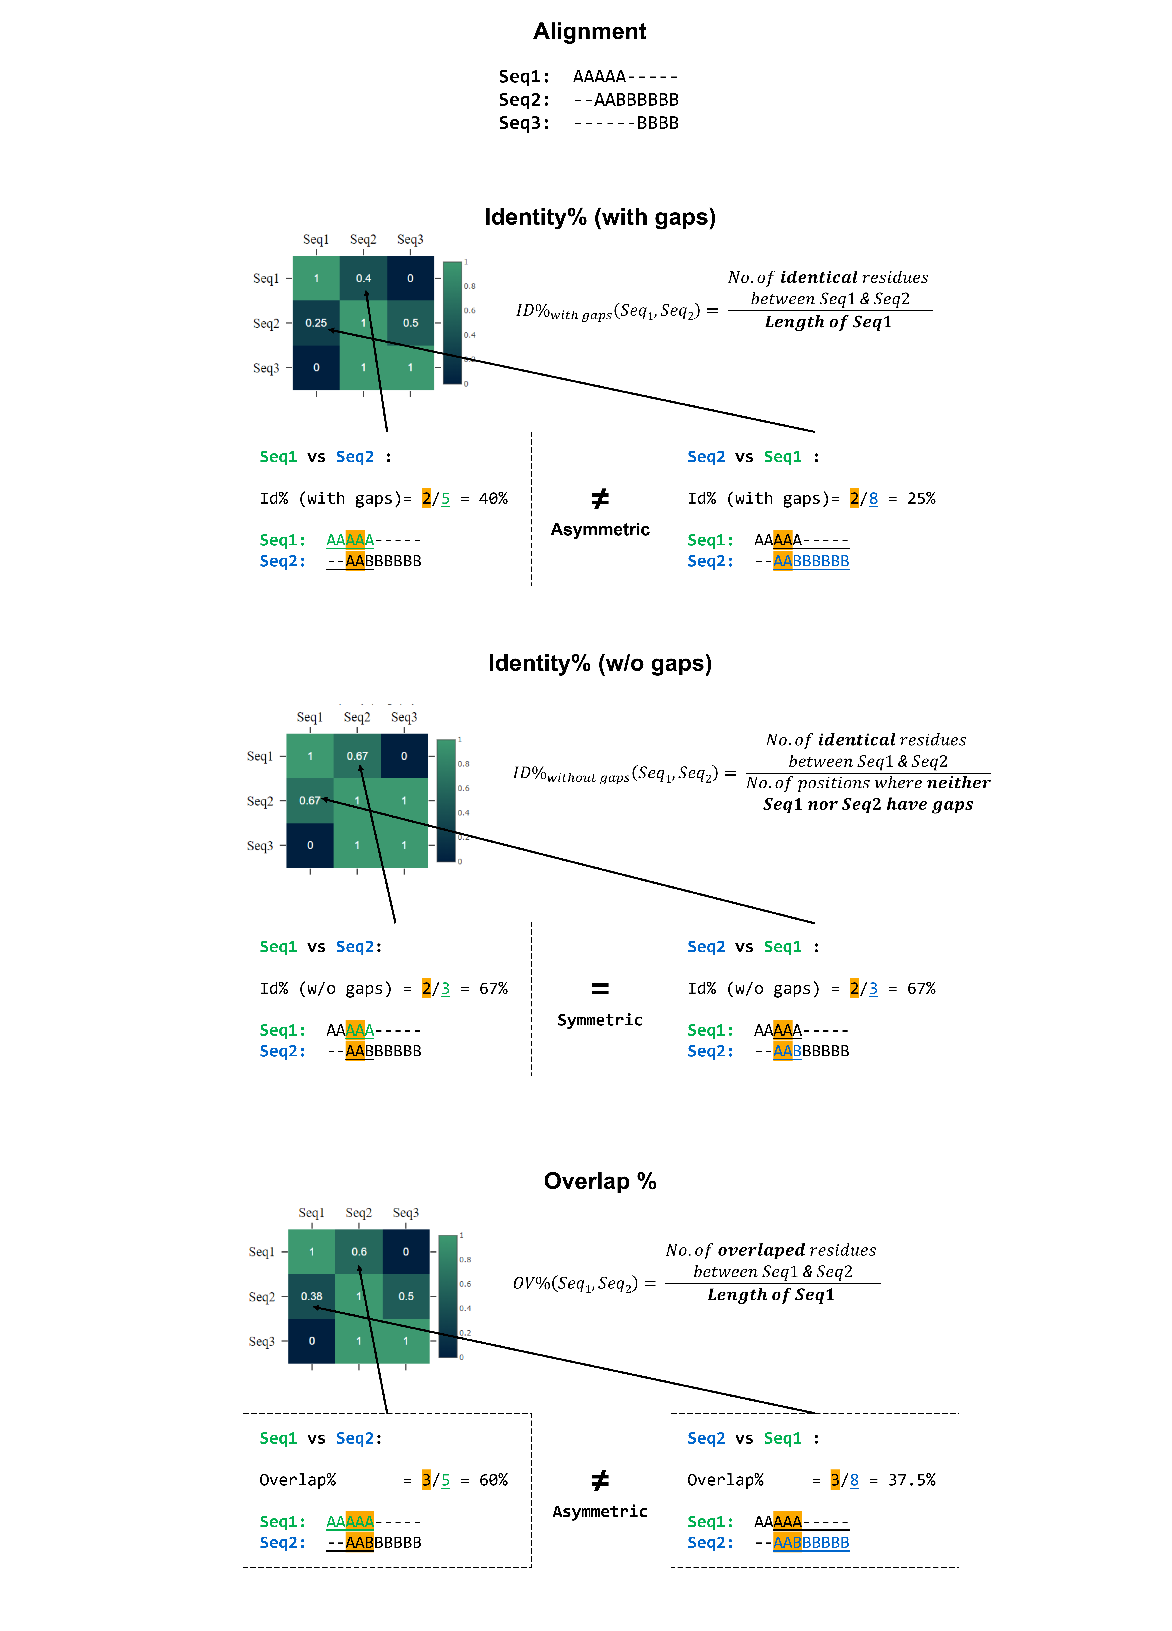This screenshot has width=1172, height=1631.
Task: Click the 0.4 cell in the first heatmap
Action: (363, 278)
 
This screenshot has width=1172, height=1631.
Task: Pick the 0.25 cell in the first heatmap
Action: (316, 323)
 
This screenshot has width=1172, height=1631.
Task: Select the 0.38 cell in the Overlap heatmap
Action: (312, 1296)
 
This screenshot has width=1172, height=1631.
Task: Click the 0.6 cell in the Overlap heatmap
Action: (359, 1251)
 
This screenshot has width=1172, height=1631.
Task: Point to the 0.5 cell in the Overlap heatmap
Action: (406, 1296)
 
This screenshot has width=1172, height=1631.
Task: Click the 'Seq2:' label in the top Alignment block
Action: (524, 100)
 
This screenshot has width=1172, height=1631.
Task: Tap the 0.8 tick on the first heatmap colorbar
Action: (469, 286)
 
